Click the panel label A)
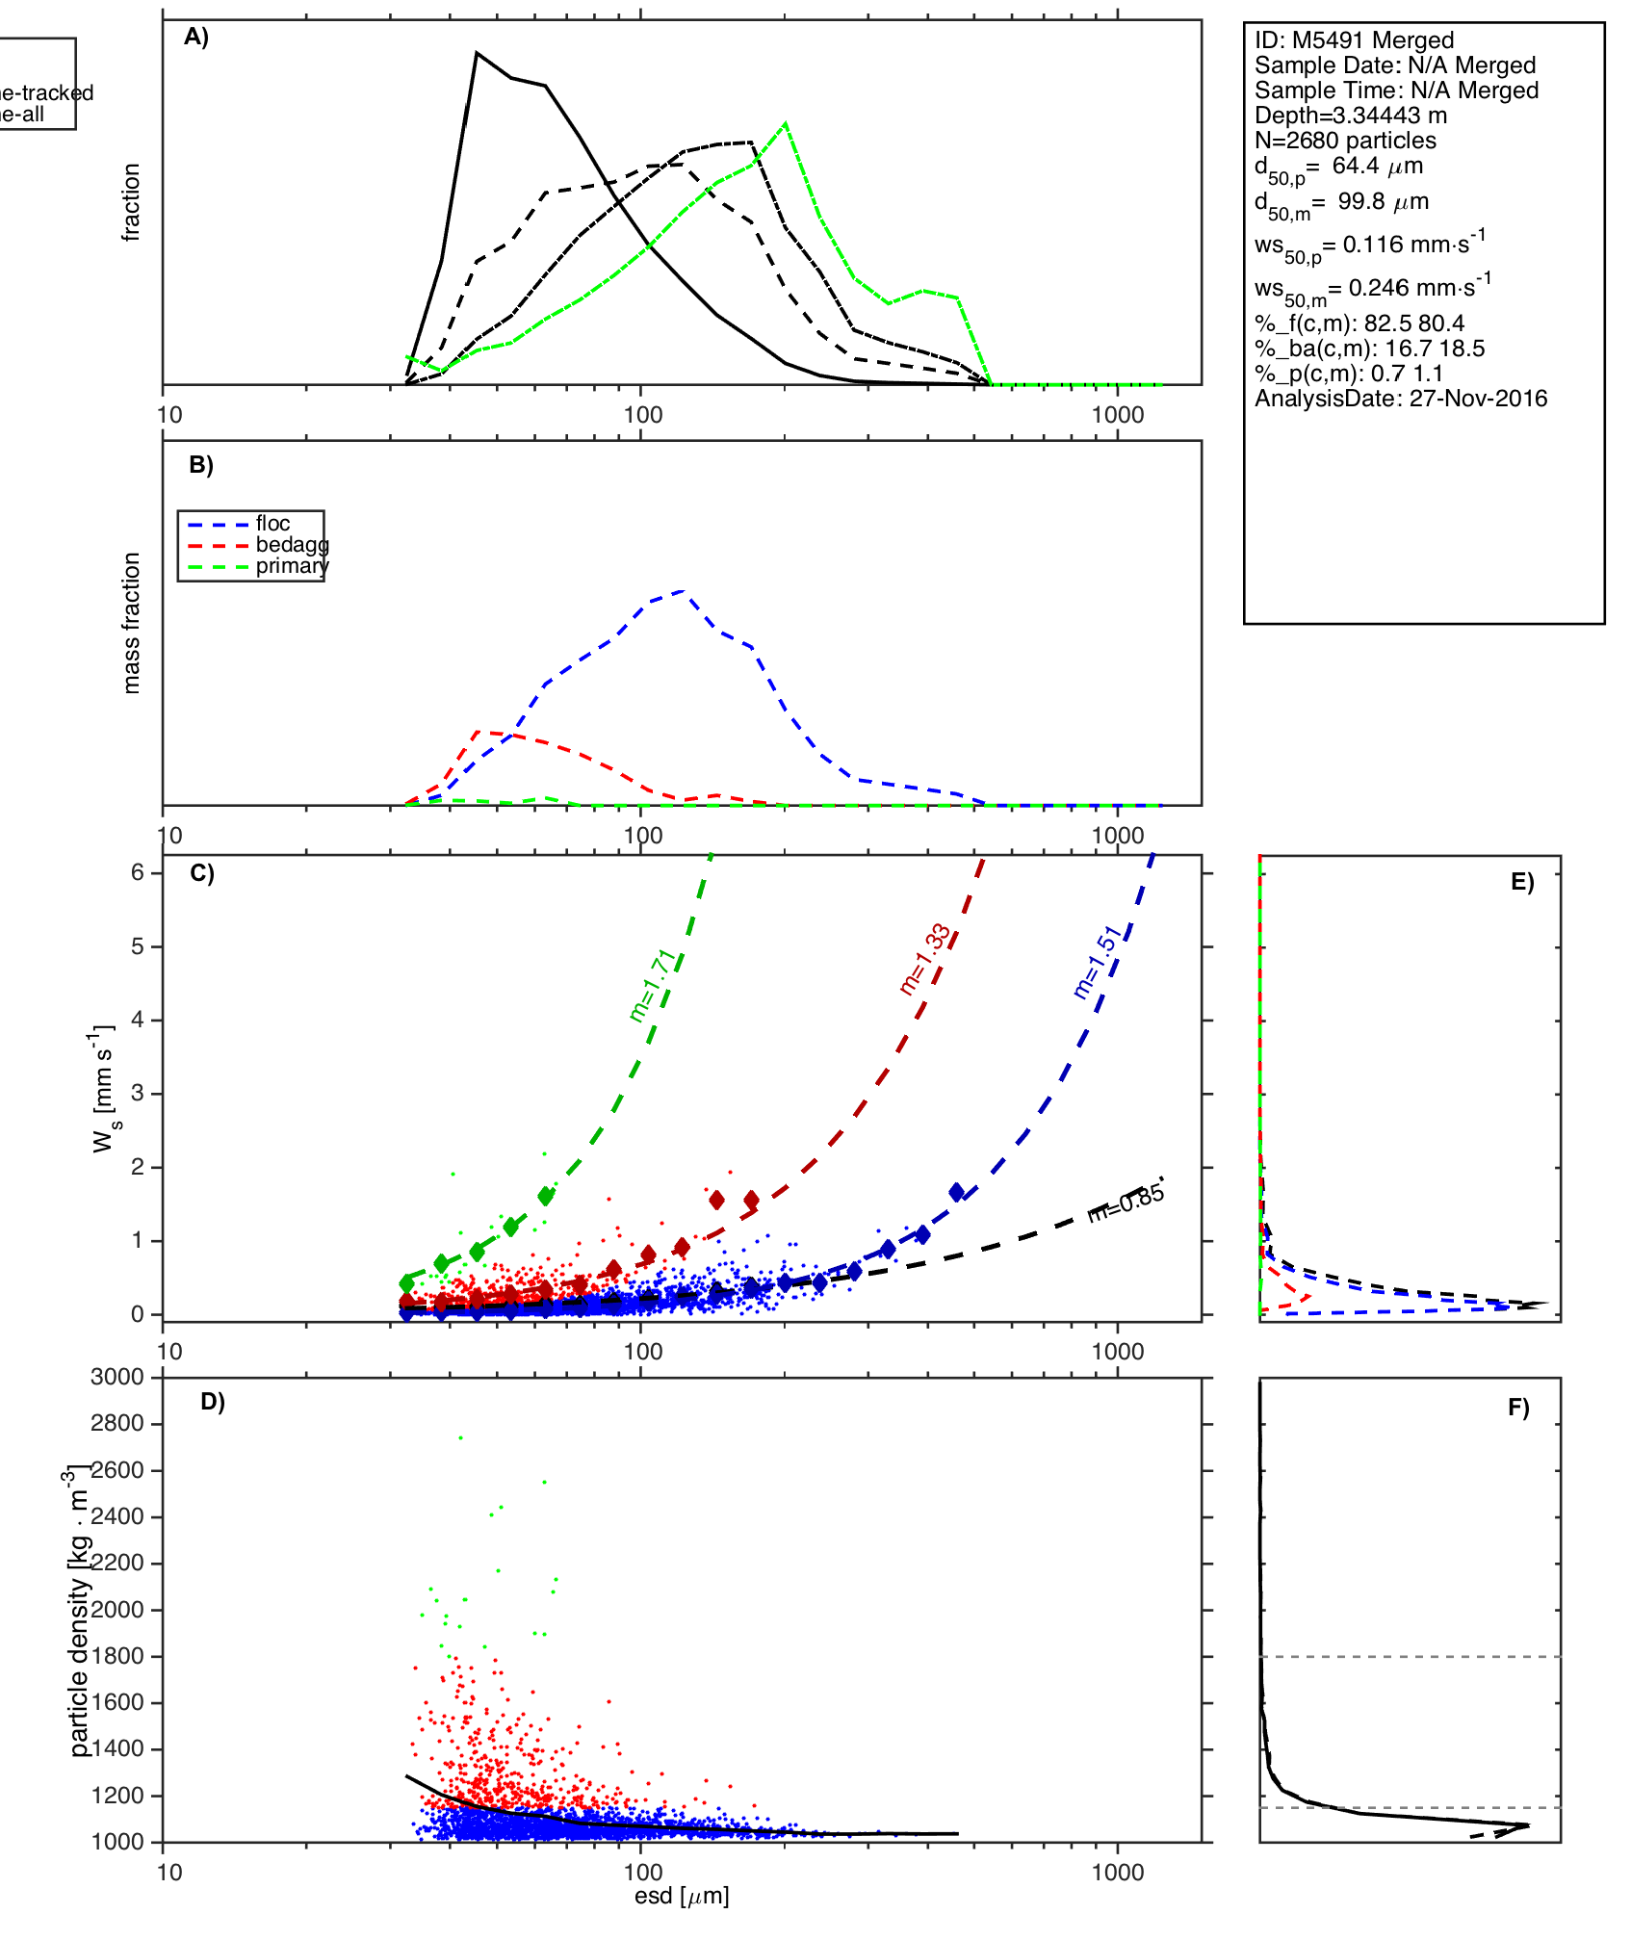tap(196, 37)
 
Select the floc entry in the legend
tap(272, 524)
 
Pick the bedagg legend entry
tap(292, 545)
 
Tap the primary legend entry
tap(292, 566)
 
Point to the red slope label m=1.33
tap(925, 959)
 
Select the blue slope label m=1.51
tap(1098, 962)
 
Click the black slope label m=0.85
tap(1126, 1203)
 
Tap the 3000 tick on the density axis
tap(116, 1377)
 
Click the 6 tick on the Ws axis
tap(138, 872)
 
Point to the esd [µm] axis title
tap(682, 1897)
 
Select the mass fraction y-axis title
tap(132, 623)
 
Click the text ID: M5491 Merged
tap(1354, 40)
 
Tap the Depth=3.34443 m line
tap(1350, 116)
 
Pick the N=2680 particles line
tap(1345, 141)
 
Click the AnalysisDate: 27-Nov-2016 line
tap(1401, 399)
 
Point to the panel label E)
tap(1522, 883)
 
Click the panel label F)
tap(1518, 1409)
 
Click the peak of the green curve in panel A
tap(787, 123)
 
